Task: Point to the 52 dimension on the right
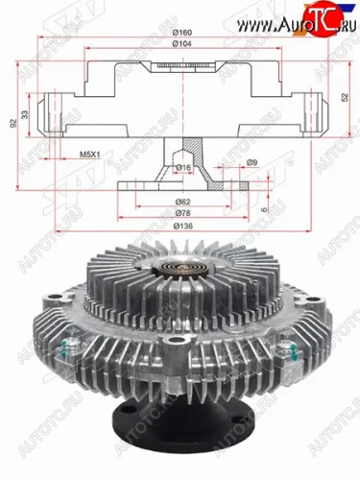point(344,99)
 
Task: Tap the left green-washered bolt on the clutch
point(70,349)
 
